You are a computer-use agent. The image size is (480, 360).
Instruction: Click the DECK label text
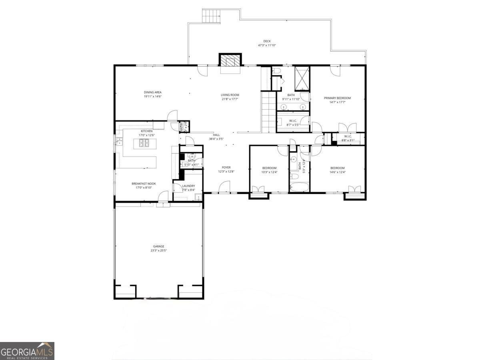point(267,41)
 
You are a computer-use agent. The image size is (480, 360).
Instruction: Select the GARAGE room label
point(158,246)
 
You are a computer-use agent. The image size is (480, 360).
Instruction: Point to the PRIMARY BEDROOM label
point(337,98)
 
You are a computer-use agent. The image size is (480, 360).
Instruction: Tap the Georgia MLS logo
point(27,351)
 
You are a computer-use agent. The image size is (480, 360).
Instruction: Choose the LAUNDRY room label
point(188,186)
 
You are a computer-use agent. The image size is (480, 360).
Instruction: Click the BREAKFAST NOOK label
point(144,184)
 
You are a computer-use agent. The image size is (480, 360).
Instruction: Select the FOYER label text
point(226,168)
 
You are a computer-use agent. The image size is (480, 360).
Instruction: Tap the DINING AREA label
point(153,92)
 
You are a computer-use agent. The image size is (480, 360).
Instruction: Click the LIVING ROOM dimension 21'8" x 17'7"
point(230,99)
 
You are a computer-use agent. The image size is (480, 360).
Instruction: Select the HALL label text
point(216,135)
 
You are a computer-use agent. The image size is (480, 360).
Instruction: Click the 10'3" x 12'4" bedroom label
point(269,172)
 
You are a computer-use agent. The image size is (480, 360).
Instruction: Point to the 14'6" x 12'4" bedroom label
point(337,172)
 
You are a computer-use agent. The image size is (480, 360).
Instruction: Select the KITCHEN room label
point(146,131)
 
